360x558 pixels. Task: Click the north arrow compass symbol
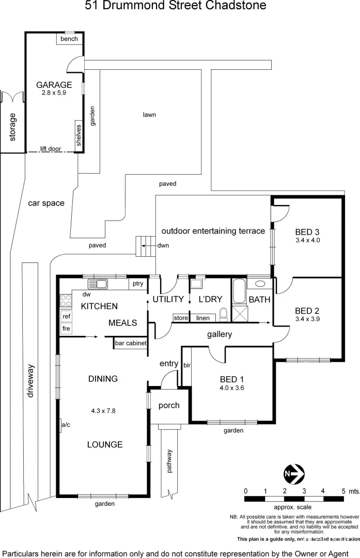pos(294,473)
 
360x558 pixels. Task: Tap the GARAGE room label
pos(54,85)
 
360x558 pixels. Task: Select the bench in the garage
pos(69,39)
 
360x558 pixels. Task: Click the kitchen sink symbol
pos(97,284)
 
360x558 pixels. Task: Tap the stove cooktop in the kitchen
pos(65,301)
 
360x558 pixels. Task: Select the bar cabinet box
pos(131,343)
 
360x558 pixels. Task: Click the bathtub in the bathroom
pos(239,292)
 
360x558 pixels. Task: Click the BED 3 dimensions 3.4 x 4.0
pos(308,240)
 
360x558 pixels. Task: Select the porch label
pos(169,405)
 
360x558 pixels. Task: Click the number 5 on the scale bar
pos(343,490)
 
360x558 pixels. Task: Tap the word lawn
pos(149,115)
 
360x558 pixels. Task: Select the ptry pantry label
pos(137,284)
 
